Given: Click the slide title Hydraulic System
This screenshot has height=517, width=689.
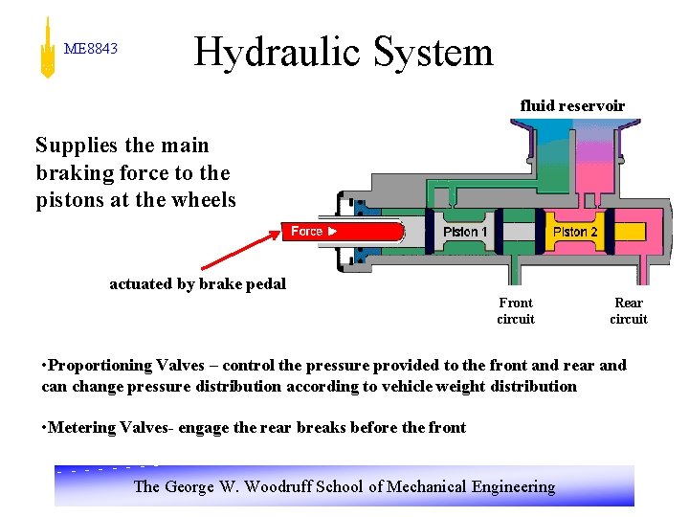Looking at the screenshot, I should point(344,52).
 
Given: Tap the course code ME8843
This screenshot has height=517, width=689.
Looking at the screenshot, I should point(90,48).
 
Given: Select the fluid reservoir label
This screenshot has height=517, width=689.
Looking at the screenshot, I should point(572,105).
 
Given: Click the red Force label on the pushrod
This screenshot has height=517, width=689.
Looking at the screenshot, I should point(309,231).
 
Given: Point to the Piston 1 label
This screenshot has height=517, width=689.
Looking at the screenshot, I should point(466,232).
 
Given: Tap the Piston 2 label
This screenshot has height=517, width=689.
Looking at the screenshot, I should point(575,232).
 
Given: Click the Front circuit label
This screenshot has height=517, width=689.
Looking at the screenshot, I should point(516,310).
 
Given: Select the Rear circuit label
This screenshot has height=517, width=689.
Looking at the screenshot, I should point(629,310).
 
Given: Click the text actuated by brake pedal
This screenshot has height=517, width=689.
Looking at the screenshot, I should point(197,283).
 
